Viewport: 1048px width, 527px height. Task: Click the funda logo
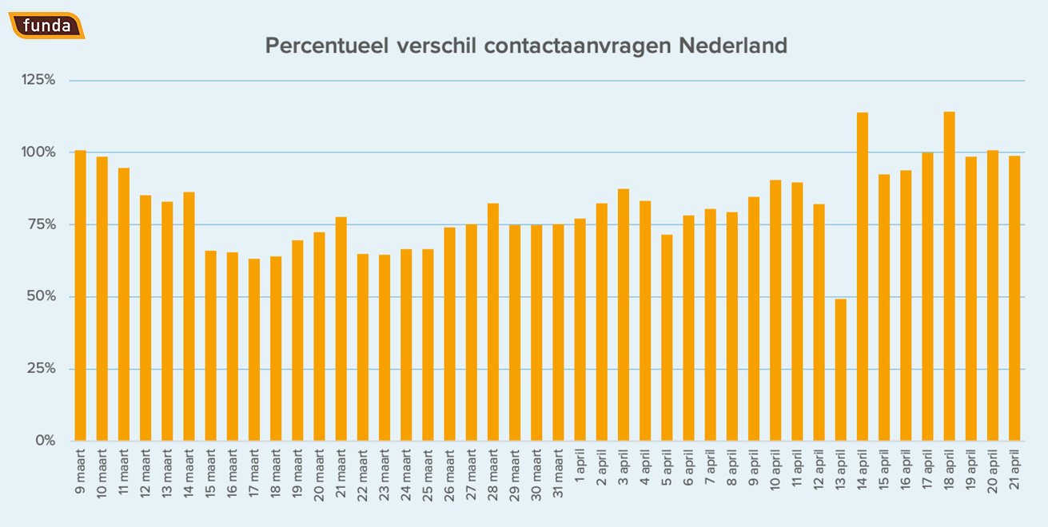(47, 26)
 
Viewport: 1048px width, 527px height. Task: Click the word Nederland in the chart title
(733, 46)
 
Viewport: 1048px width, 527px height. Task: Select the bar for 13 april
(841, 370)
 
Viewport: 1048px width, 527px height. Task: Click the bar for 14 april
(863, 276)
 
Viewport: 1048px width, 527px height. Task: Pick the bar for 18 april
(950, 276)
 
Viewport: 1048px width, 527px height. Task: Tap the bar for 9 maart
(80, 295)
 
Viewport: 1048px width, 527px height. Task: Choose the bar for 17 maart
(254, 350)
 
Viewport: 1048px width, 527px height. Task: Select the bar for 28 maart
(493, 322)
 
